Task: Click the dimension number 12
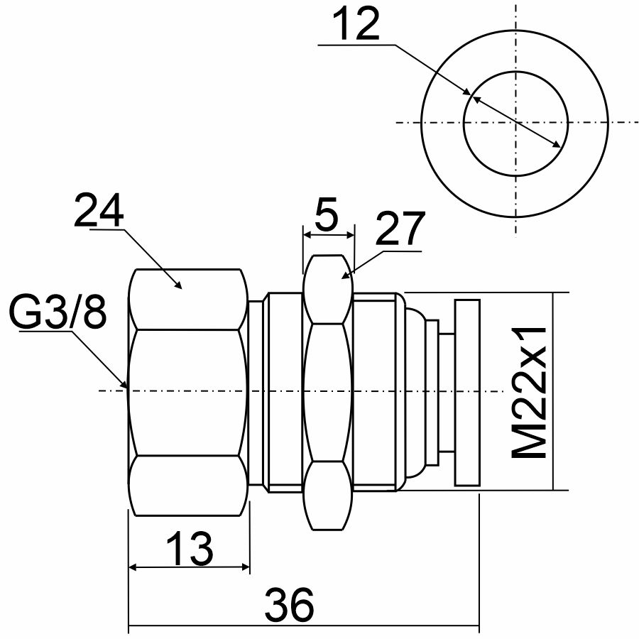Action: [356, 24]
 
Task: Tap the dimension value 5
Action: [327, 214]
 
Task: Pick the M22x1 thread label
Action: [528, 392]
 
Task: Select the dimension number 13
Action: [190, 549]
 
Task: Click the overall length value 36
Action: [290, 604]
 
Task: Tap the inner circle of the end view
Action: [515, 71]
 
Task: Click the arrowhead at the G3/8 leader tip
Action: [124, 383]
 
